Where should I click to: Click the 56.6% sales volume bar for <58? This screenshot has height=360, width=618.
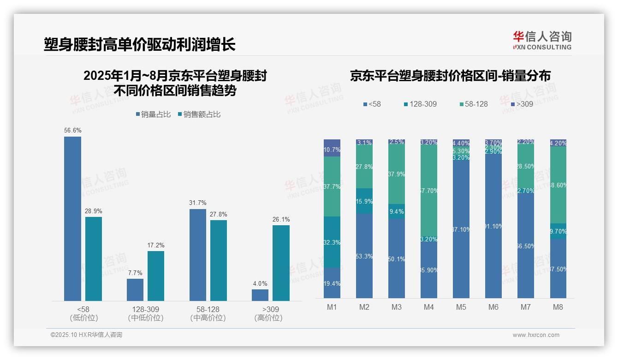pyautogui.click(x=72, y=219)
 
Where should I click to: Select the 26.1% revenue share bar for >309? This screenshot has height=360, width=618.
pyautogui.click(x=281, y=263)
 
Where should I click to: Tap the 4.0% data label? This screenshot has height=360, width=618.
pyautogui.click(x=260, y=283)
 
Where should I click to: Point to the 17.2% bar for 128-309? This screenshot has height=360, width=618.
pyautogui.click(x=156, y=276)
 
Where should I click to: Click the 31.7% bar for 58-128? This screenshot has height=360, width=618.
pyautogui.click(x=198, y=255)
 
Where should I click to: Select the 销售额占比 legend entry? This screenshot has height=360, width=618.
pyautogui.click(x=199, y=114)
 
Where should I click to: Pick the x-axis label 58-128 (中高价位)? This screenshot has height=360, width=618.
pyautogui.click(x=208, y=313)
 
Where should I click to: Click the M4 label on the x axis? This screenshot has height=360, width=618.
pyautogui.click(x=429, y=307)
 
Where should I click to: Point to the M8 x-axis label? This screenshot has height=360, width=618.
pyautogui.click(x=558, y=307)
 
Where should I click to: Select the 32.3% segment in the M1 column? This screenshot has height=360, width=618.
pyautogui.click(x=332, y=242)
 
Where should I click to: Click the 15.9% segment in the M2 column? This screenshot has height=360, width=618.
pyautogui.click(x=364, y=201)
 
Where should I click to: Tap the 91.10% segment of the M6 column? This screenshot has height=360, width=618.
pyautogui.click(x=493, y=226)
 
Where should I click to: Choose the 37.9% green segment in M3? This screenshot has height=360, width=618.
pyautogui.click(x=397, y=174)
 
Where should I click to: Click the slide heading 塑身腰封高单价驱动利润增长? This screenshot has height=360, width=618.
pyautogui.click(x=140, y=45)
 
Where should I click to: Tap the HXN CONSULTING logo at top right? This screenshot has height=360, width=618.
pyautogui.click(x=542, y=41)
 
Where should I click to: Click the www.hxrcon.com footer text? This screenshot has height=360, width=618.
pyautogui.click(x=536, y=335)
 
